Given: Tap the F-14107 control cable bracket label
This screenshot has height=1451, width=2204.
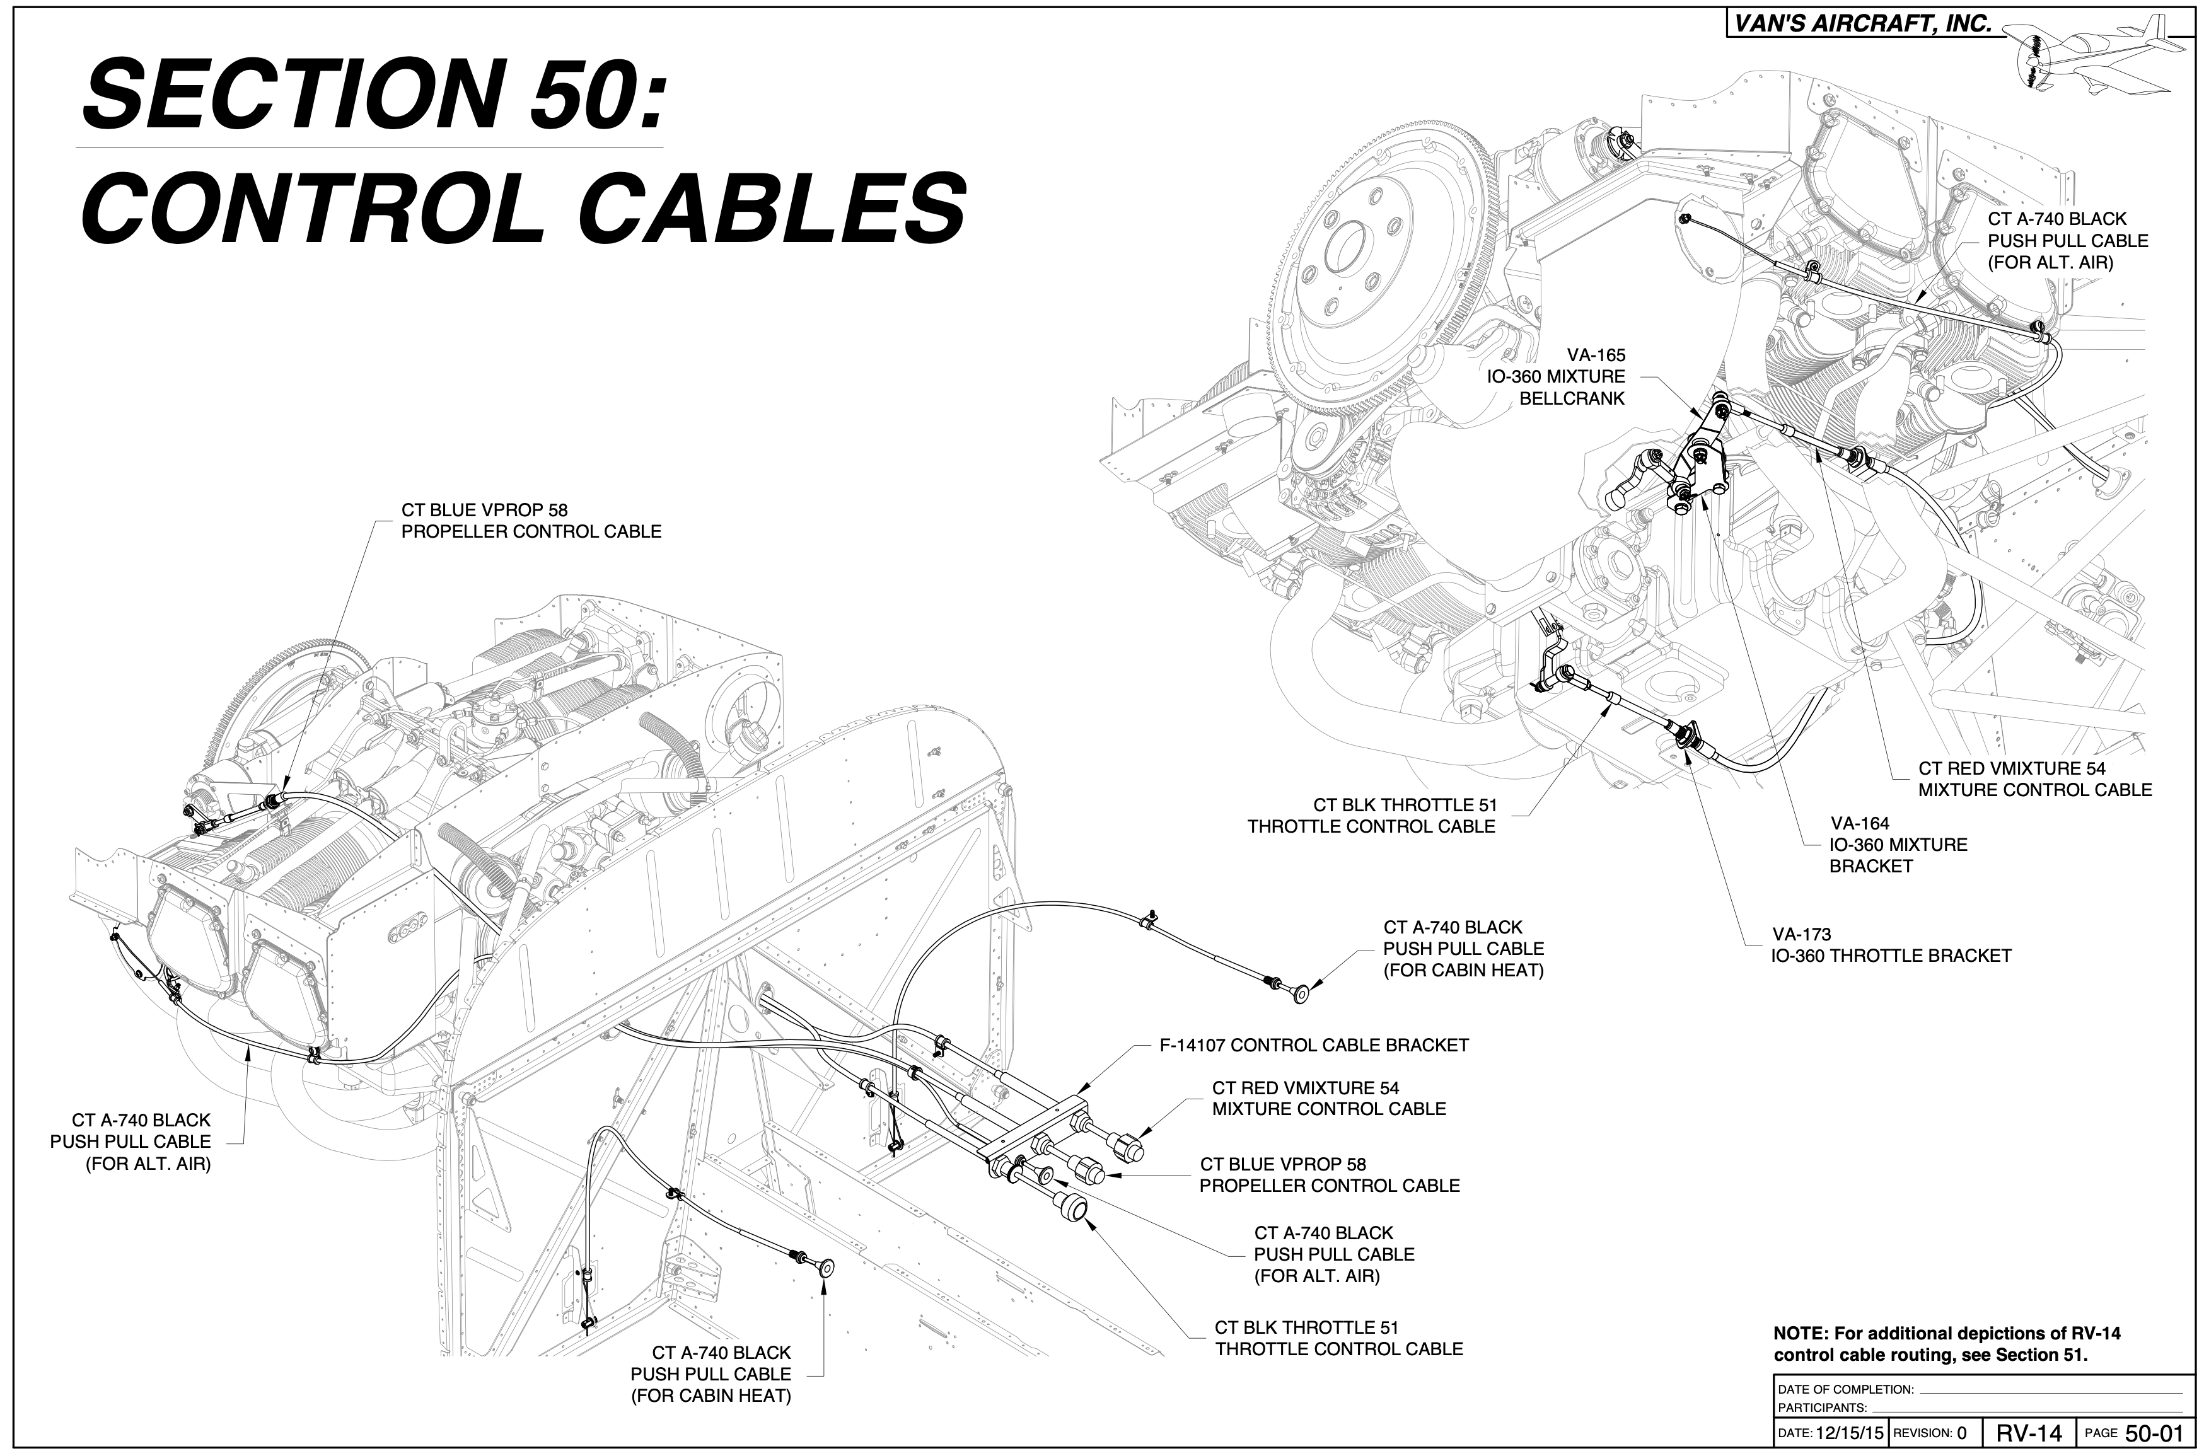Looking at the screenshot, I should (x=1313, y=1046).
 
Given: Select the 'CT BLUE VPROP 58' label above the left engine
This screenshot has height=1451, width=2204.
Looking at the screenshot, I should (x=531, y=521).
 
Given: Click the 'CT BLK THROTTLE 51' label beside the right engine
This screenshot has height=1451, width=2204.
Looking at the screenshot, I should (x=1371, y=816).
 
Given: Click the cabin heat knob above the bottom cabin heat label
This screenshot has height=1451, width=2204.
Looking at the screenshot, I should (x=822, y=1267).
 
